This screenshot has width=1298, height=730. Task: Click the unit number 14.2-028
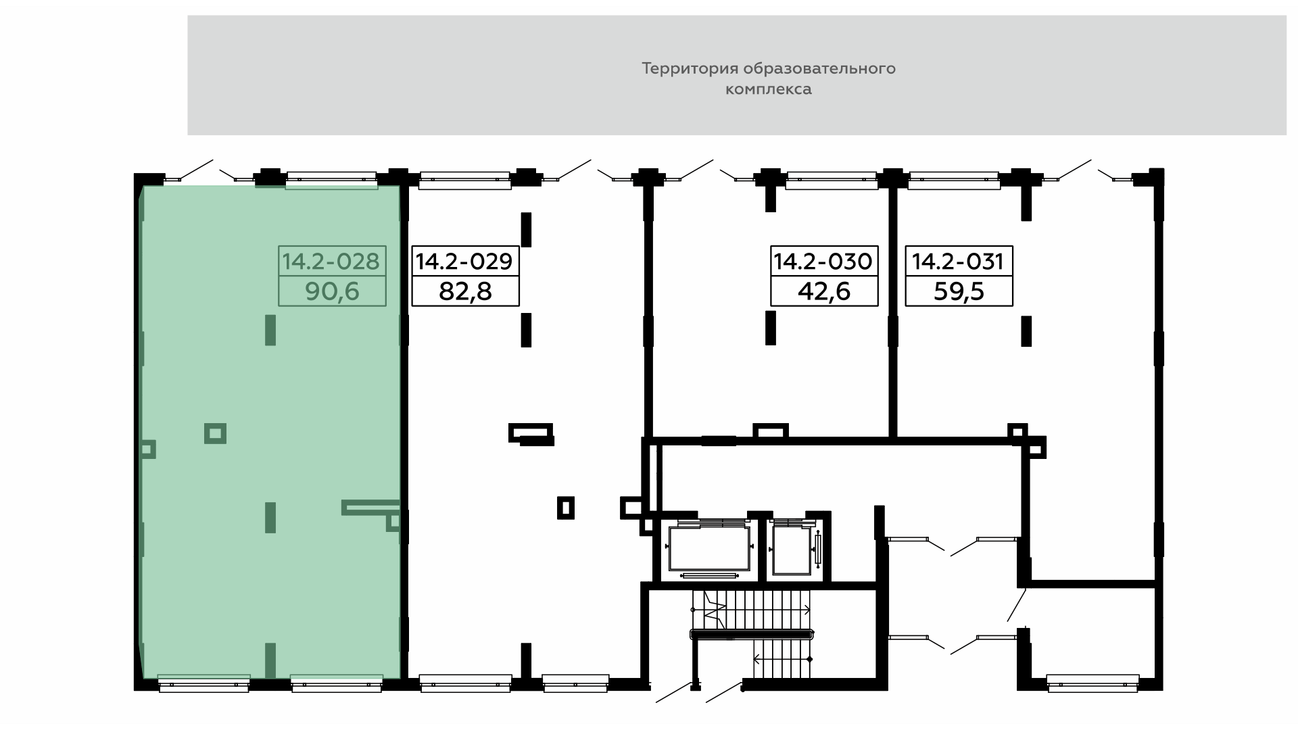[x=331, y=261]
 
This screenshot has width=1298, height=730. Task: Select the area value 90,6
[x=332, y=291]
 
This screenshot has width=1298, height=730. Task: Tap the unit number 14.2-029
[x=465, y=261]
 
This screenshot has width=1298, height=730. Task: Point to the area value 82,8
[x=465, y=291]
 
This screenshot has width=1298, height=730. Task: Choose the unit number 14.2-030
[x=824, y=261]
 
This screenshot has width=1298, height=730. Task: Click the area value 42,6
[x=824, y=291]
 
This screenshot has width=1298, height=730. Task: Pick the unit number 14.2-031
[x=959, y=261]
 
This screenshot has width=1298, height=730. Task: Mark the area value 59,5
[x=959, y=291]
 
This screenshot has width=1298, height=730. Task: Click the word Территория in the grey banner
[x=690, y=69]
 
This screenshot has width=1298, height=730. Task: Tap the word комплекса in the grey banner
[x=769, y=89]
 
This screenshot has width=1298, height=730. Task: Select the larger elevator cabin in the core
[x=709, y=548]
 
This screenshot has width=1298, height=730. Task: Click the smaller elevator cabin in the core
[x=792, y=549]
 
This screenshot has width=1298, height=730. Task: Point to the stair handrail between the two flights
[x=750, y=634]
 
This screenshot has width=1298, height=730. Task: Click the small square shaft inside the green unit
[x=215, y=433]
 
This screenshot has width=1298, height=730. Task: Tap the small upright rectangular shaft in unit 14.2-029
[x=566, y=508]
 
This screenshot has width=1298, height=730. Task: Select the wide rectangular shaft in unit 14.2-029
[x=531, y=433]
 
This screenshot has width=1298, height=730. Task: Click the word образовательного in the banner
[x=819, y=69]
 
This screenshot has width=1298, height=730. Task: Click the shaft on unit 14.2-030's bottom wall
[x=771, y=431]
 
